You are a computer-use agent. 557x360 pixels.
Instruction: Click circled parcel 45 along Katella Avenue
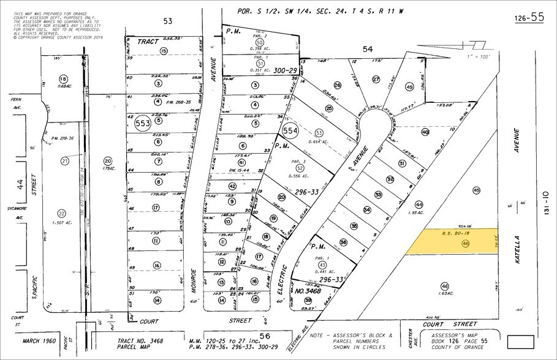click(x=476, y=190)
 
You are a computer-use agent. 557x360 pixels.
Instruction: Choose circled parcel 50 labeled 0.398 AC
click(x=260, y=42)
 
